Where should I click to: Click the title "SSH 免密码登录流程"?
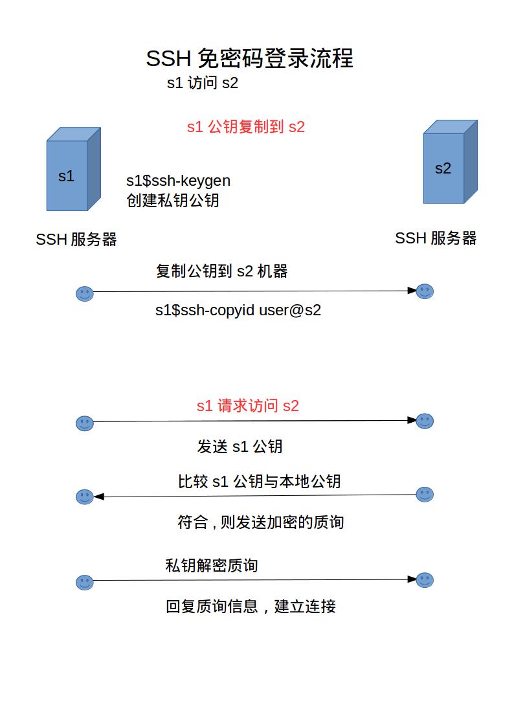pyautogui.click(x=249, y=58)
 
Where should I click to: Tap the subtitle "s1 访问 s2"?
pyautogui.click(x=203, y=83)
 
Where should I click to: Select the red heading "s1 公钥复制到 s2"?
pyautogui.click(x=245, y=127)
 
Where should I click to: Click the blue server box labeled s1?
pyautogui.click(x=73, y=169)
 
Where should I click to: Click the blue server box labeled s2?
pyautogui.click(x=450, y=162)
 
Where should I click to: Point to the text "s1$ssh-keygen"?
pyautogui.click(x=178, y=181)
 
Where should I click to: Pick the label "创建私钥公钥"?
pyautogui.click(x=172, y=201)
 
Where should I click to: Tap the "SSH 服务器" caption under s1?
pyautogui.click(x=76, y=240)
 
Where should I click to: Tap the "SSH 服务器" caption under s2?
pyautogui.click(x=436, y=238)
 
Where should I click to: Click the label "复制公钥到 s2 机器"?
pyautogui.click(x=221, y=271)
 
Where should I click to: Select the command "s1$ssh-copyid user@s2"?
pyautogui.click(x=238, y=309)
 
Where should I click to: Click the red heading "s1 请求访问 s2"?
pyautogui.click(x=247, y=406)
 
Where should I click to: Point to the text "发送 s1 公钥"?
pyautogui.click(x=240, y=447)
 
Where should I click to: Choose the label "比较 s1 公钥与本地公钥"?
pyautogui.click(x=259, y=481)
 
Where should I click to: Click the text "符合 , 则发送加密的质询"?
pyautogui.click(x=260, y=522)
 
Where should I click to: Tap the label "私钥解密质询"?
pyautogui.click(x=211, y=565)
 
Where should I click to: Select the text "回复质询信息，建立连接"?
pyautogui.click(x=251, y=606)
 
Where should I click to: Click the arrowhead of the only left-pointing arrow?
pyautogui.click(x=98, y=497)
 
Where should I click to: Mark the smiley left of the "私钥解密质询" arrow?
pyautogui.click(x=85, y=583)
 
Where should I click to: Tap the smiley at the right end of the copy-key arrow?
pyautogui.click(x=425, y=291)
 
